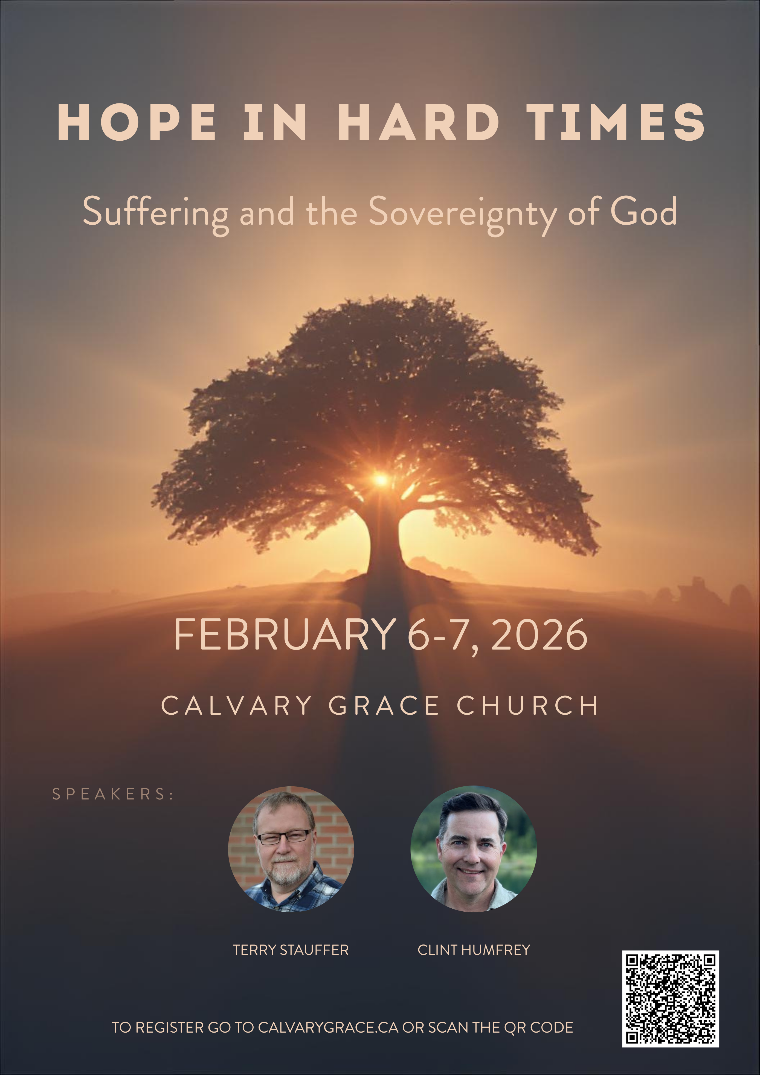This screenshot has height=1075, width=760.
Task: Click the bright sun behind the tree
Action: pyautogui.click(x=381, y=479)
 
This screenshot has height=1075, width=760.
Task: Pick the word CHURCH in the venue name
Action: pyautogui.click(x=528, y=705)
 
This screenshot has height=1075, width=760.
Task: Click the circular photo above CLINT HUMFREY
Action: pyautogui.click(x=473, y=849)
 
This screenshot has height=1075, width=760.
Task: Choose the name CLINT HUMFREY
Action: pyautogui.click(x=473, y=950)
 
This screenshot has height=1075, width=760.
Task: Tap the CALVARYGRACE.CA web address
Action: pyautogui.click(x=328, y=1027)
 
